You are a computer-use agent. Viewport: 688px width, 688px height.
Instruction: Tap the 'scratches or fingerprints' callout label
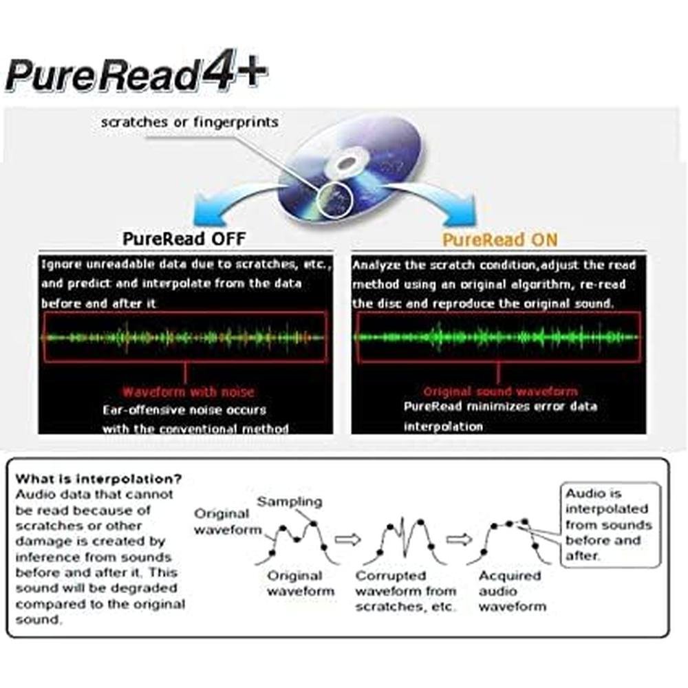190,122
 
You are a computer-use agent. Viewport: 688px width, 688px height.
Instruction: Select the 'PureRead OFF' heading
184,239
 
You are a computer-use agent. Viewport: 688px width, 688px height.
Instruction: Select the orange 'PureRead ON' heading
499,239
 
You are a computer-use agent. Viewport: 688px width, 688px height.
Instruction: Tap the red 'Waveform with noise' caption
189,392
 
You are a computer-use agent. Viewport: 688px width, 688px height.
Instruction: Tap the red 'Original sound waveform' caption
501,391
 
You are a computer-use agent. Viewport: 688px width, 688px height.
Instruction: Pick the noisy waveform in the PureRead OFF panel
184,337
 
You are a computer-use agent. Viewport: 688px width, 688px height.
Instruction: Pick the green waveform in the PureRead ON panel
497,337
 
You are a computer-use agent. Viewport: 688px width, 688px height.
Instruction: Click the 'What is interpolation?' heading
98,478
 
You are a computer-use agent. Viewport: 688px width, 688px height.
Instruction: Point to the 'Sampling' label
290,501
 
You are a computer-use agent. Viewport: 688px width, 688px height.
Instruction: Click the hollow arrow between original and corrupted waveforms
347,539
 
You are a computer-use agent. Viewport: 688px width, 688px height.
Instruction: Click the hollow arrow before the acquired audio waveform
459,539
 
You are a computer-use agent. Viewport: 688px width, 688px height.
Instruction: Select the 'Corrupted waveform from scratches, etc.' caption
406,590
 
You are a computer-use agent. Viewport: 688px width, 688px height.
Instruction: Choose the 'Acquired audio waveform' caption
513,590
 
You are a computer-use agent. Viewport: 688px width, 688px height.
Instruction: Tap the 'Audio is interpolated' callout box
610,525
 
